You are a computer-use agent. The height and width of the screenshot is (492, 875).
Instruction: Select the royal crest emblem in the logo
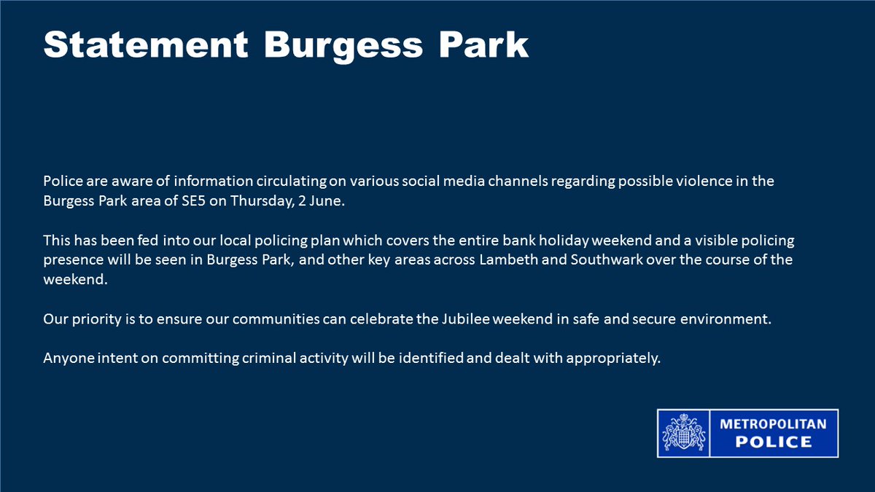684,434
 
